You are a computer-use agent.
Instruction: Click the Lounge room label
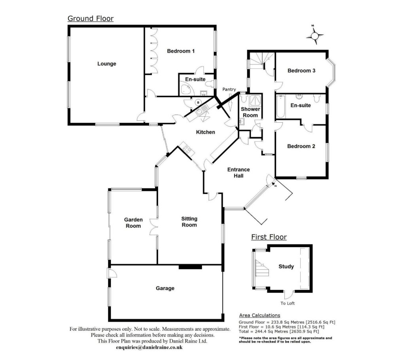(107, 64)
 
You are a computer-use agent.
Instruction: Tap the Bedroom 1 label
(181, 51)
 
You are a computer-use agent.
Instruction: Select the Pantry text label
(229, 89)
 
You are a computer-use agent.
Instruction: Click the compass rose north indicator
(315, 35)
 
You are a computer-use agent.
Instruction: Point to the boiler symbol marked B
(198, 102)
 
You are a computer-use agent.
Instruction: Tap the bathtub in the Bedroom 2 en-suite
(280, 106)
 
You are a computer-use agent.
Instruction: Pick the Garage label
(165, 288)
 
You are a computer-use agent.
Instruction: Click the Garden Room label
(133, 223)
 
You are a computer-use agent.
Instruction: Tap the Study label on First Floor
(286, 267)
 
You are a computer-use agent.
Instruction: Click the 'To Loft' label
(288, 303)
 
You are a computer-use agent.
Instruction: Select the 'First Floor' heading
(269, 237)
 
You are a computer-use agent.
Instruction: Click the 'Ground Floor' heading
(91, 19)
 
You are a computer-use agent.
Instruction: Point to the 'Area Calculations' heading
(259, 315)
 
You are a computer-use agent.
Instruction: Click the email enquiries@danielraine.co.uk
(149, 347)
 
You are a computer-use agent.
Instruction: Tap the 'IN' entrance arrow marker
(274, 184)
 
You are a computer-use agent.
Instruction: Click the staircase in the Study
(261, 268)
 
